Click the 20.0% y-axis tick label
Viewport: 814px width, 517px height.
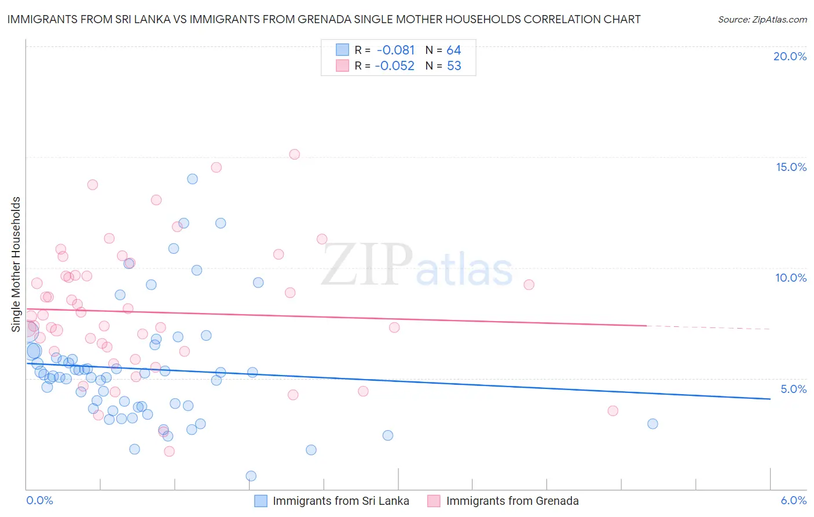[x=790, y=56]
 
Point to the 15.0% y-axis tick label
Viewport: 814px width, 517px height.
[x=791, y=167]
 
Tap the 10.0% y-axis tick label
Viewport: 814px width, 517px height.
[x=791, y=278]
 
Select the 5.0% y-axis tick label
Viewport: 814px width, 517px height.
[x=793, y=389]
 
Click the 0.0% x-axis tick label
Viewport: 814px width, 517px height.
[x=39, y=500]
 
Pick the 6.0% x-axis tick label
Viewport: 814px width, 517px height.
[x=793, y=500]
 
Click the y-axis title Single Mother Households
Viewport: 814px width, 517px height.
[x=16, y=264]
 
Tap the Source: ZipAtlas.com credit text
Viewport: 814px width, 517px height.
[x=762, y=20]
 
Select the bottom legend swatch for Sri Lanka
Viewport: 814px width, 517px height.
[x=261, y=501]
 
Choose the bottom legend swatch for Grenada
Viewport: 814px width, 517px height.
[x=434, y=501]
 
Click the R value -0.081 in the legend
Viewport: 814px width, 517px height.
[x=395, y=50]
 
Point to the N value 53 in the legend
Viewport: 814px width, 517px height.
[x=454, y=66]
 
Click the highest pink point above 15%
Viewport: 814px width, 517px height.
[x=294, y=154]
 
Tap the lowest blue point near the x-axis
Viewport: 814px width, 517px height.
[x=251, y=476]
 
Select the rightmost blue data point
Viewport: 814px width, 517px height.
[x=652, y=424]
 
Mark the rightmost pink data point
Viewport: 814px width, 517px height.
[x=613, y=411]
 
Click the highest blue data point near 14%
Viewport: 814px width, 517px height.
[x=192, y=179]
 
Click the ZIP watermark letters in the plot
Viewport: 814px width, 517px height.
[x=367, y=264]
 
